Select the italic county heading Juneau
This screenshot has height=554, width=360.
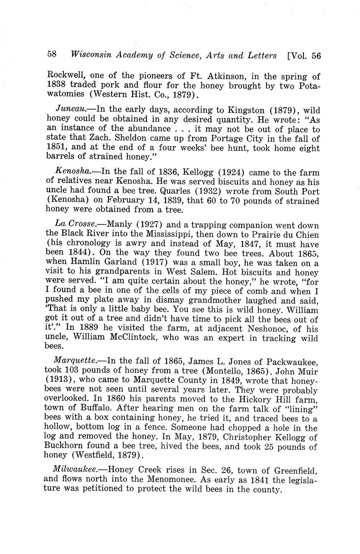(68, 110)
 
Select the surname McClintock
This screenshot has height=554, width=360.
(137, 338)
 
